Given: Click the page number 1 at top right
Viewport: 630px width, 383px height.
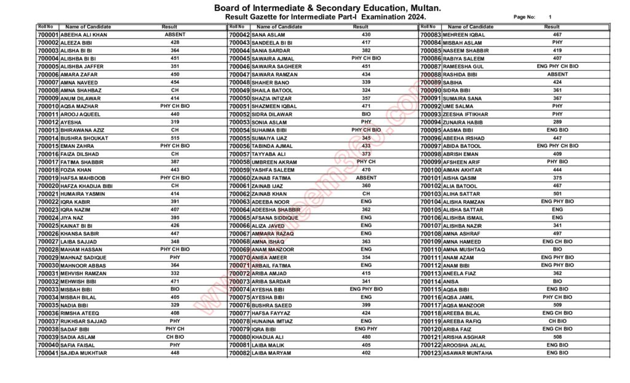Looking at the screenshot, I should [x=550, y=17].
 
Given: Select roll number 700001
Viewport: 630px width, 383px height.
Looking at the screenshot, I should [x=48, y=34].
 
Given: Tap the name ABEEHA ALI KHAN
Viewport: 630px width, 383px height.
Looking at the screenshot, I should [x=84, y=34].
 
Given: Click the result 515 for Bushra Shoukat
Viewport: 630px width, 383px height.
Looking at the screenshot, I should [x=175, y=138].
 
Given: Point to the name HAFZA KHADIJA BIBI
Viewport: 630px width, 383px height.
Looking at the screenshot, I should [x=87, y=185].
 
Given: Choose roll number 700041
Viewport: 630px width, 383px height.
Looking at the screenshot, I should [x=48, y=353].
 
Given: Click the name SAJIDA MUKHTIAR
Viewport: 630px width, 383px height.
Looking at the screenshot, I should [x=84, y=353].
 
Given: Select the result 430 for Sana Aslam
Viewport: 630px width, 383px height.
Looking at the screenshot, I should [x=366, y=34].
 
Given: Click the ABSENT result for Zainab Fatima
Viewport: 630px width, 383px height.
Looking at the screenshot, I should [x=366, y=177].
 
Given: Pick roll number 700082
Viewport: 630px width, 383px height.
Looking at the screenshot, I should [x=239, y=353].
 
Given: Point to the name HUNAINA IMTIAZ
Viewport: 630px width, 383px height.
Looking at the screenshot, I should [x=274, y=321].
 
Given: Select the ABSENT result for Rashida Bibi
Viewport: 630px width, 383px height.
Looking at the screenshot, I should [x=557, y=74].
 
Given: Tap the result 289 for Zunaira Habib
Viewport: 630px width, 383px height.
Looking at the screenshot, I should [x=557, y=122].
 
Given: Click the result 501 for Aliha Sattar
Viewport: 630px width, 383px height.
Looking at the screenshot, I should [x=557, y=193].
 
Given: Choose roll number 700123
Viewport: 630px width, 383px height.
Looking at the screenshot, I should [x=431, y=353].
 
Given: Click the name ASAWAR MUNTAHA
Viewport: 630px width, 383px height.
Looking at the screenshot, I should [x=468, y=353].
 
